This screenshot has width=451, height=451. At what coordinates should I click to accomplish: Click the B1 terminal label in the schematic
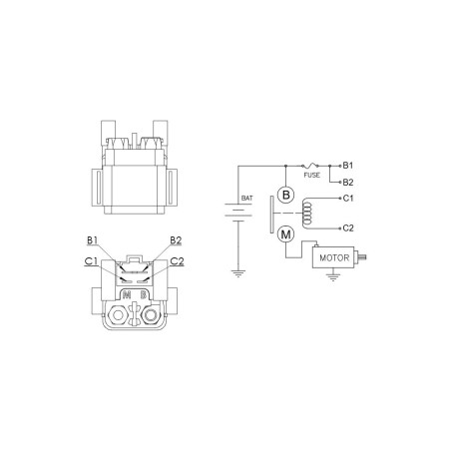(348, 166)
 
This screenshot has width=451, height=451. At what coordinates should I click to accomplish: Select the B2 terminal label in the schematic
(348, 183)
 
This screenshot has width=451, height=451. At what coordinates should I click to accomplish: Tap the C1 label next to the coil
(348, 199)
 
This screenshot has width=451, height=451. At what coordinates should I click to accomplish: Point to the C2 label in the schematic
(348, 228)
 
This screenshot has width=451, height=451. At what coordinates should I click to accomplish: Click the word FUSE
(312, 175)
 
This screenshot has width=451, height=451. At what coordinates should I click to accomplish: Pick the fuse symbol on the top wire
(310, 165)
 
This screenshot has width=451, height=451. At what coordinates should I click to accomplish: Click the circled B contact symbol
(285, 195)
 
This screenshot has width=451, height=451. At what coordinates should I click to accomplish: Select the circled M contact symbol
(285, 234)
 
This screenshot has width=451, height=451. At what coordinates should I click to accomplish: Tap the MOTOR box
(333, 257)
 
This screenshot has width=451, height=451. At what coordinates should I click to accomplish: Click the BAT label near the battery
(246, 198)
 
